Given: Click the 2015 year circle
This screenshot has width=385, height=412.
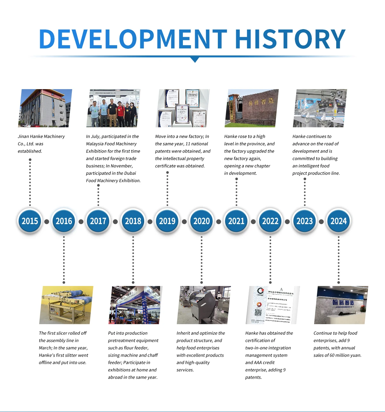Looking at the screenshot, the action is coord(30,221).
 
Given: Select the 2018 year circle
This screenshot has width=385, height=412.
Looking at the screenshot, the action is coord(133,221).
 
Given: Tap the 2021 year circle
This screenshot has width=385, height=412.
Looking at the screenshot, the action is coord(236,221).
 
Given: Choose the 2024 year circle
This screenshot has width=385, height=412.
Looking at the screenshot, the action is coord(338,221).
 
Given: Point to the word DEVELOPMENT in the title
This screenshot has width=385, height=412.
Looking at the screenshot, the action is coord(133,39).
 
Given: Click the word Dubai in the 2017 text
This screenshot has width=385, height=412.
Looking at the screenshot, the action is coord(130,173).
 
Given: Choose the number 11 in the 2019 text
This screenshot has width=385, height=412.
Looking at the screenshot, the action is coord(188,144).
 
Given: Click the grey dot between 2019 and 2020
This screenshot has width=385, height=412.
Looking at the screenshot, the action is coord(184,222).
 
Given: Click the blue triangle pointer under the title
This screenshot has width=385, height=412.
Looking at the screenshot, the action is coord(194,60).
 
